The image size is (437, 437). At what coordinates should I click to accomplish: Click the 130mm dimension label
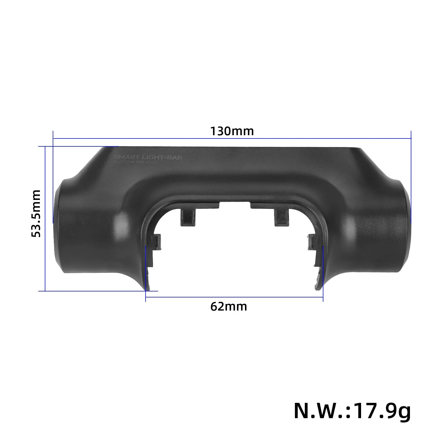click(232, 131)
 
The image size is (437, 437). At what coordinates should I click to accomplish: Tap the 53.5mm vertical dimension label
click(36, 214)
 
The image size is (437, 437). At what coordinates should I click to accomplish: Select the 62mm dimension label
click(229, 306)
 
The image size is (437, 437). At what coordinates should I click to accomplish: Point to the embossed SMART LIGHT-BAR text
click(148, 157)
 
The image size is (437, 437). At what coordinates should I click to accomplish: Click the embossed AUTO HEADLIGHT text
click(135, 162)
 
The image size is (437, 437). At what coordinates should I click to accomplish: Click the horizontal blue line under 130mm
click(232, 138)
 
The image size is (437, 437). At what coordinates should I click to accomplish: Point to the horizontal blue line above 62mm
click(234, 297)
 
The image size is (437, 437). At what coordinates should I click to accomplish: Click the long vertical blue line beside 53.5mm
click(45, 218)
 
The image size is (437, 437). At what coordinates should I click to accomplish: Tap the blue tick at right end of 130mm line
click(411, 138)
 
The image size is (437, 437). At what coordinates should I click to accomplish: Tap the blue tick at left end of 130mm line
click(53, 138)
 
